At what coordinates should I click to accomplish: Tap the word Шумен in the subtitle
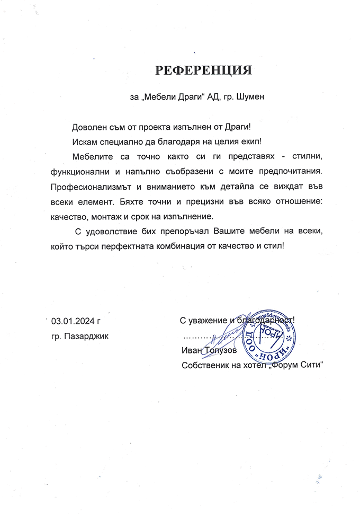click(248, 97)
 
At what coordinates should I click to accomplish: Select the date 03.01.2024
click(73, 321)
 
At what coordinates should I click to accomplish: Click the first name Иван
click(190, 351)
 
